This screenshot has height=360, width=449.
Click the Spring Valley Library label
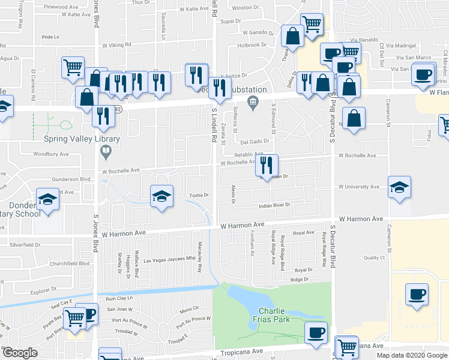point(82,139)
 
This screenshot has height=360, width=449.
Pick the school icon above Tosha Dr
point(160,196)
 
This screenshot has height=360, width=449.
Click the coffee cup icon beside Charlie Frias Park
point(315,332)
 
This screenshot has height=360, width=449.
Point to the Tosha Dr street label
point(199,195)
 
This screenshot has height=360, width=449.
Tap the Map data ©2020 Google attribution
point(411,355)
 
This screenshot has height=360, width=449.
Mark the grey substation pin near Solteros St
point(253,100)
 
